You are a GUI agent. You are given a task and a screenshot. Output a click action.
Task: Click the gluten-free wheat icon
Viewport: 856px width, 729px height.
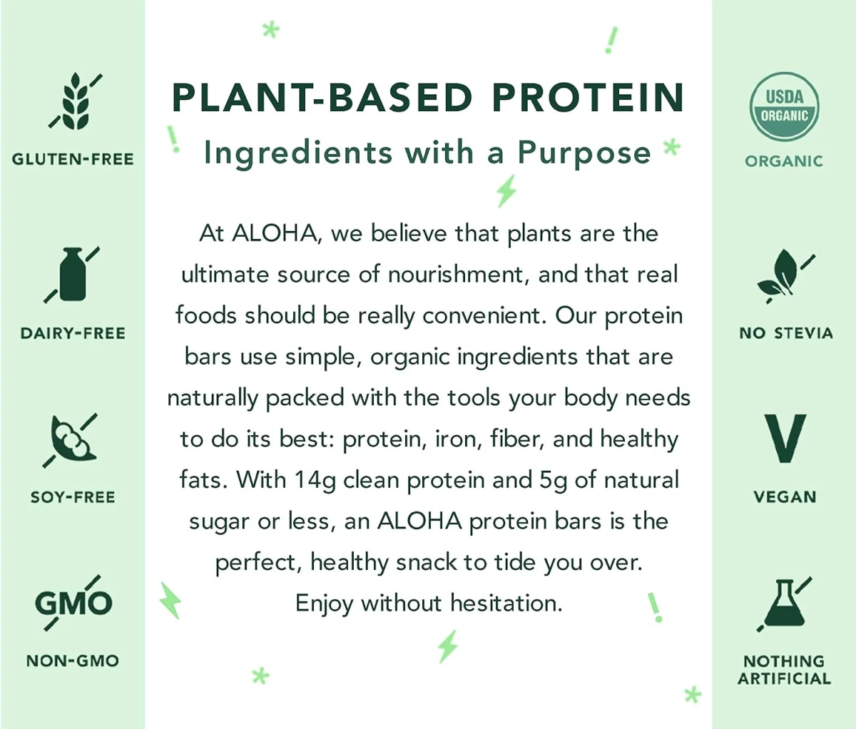[x=73, y=101]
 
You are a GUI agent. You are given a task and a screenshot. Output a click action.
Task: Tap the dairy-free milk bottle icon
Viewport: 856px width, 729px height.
[x=72, y=275]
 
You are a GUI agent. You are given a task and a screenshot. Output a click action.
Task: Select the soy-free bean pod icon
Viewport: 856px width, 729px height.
[x=71, y=439]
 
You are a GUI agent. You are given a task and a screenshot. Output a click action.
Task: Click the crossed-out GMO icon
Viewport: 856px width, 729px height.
[x=73, y=603]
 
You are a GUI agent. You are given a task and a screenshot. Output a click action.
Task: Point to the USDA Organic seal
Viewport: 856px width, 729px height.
[x=784, y=107]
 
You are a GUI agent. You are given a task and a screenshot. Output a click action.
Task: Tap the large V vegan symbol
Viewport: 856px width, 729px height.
[x=784, y=439]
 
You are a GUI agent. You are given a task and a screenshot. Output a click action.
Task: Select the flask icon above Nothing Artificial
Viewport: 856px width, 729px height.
[x=783, y=604]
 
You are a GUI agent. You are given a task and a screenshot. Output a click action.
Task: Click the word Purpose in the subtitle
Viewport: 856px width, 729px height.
[x=584, y=153]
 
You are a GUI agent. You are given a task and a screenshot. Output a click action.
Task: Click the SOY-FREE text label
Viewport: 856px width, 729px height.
[x=73, y=497]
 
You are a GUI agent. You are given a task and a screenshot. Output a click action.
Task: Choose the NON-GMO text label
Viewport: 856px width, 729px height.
[x=73, y=661]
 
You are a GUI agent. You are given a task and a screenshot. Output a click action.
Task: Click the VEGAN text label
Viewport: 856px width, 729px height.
[x=785, y=497]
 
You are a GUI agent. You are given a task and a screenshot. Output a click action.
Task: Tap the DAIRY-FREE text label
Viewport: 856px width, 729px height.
[x=73, y=333]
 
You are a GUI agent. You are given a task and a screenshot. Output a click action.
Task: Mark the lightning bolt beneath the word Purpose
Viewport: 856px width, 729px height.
[x=506, y=190]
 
